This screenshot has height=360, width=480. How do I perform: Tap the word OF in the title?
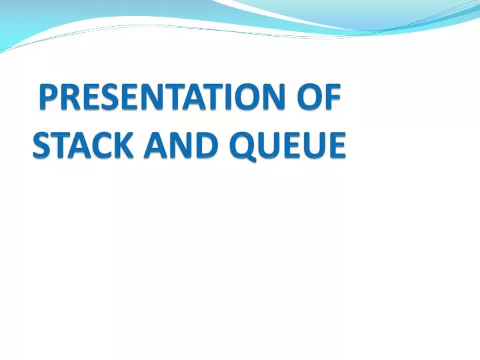click(x=319, y=99)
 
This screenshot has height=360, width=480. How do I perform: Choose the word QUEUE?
click(x=288, y=145)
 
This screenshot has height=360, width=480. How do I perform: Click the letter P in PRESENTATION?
click(x=47, y=99)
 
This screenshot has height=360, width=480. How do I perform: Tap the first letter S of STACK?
click(x=41, y=145)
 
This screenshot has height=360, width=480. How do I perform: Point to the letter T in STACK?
click(x=59, y=145)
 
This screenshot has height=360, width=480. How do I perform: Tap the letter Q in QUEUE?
click(x=241, y=145)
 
